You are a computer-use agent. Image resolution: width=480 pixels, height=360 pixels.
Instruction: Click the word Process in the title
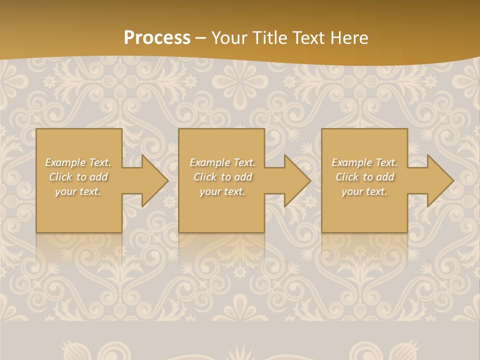tap(157, 38)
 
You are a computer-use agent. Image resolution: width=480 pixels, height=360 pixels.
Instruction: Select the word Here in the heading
tap(350, 38)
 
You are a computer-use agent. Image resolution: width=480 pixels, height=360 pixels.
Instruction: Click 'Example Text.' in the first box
tap(78, 162)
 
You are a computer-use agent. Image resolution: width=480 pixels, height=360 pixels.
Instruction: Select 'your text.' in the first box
tap(78, 191)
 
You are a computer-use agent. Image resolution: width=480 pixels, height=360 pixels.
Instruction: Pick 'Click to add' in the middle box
tap(222, 177)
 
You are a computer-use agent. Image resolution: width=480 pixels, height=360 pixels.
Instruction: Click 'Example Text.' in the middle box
tap(222, 162)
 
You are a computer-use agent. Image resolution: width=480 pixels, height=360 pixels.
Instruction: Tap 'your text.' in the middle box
tap(222, 191)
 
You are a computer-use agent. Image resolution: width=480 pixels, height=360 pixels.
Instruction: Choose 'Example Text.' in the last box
tap(364, 162)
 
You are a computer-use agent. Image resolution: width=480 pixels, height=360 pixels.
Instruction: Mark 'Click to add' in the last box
tap(364, 177)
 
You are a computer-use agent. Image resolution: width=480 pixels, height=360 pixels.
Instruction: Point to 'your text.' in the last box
tap(364, 191)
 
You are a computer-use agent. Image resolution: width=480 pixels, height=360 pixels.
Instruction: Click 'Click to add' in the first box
tap(78, 177)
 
